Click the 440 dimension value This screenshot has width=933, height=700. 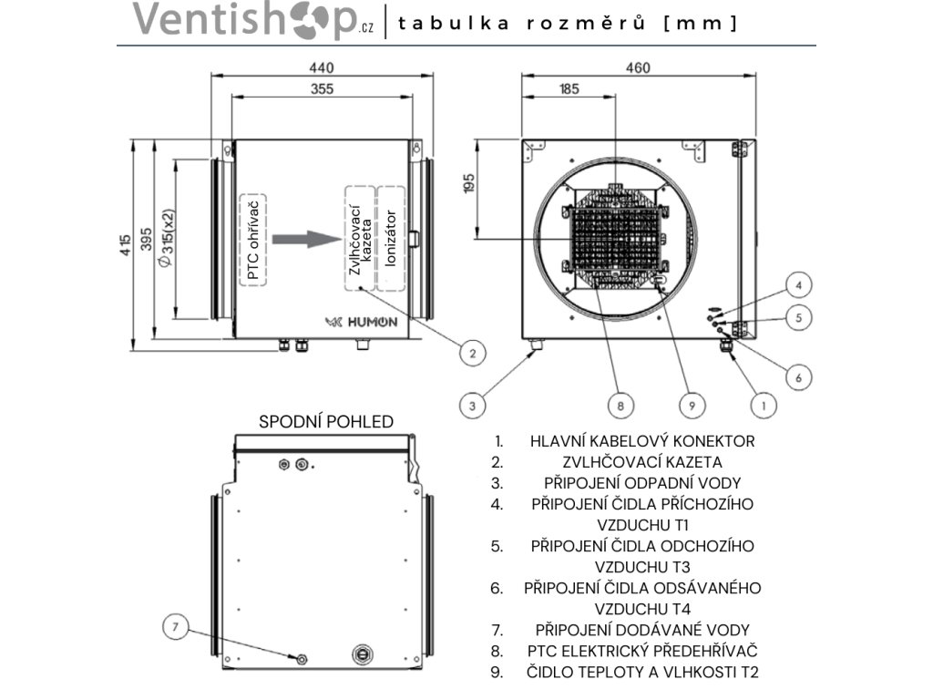321,67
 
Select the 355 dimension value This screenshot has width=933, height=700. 321,88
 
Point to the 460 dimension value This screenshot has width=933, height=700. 638,67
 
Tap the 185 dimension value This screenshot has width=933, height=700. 569,88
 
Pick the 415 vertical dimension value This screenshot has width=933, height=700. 125,246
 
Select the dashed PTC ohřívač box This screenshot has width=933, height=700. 253,240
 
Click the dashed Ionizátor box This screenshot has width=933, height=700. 391,239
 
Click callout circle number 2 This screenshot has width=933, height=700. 471,353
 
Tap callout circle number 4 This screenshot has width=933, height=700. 798,285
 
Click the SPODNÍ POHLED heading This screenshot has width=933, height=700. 326,421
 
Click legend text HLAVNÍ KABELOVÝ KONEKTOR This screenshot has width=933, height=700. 642,441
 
